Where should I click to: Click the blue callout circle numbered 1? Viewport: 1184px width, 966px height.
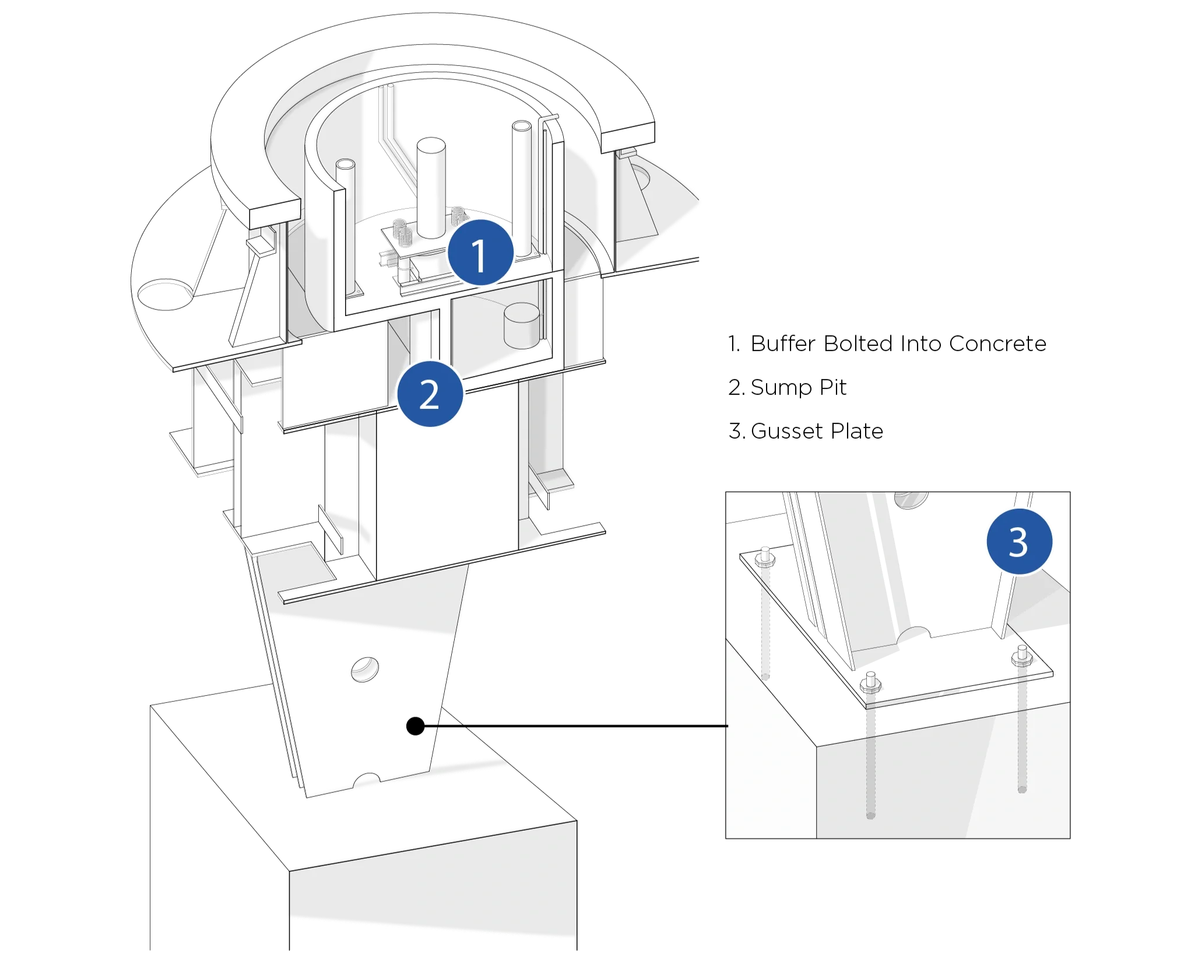[x=480, y=254]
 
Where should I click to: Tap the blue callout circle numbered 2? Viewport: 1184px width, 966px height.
[x=430, y=394]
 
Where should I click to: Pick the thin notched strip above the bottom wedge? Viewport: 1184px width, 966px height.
[x=408, y=776]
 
